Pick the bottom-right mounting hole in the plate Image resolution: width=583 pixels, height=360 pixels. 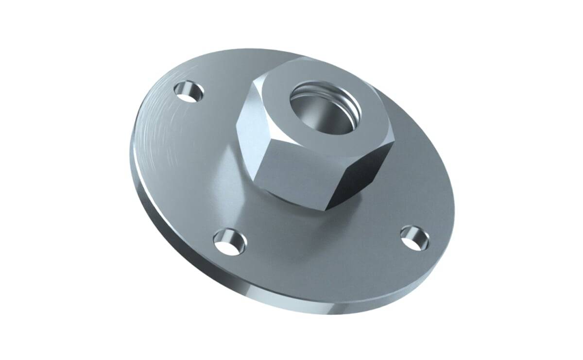[x=414, y=238]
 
